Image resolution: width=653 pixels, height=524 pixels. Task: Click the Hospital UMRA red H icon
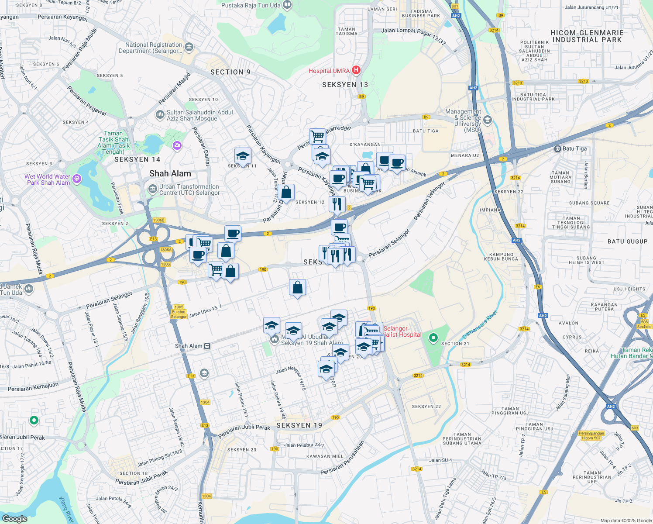click(x=356, y=70)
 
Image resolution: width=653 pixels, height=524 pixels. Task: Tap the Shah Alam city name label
click(x=170, y=173)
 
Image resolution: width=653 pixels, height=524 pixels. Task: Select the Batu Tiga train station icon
click(x=557, y=149)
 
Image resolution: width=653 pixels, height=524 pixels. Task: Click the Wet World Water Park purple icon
click(x=77, y=178)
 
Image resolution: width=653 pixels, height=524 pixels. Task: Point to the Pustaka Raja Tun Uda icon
click(x=287, y=5)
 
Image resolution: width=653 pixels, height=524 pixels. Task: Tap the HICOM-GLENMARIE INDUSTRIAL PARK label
click(x=587, y=36)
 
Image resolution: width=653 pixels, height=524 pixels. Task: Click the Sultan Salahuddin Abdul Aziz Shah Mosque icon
click(x=160, y=115)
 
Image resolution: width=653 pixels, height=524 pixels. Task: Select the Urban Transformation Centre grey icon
click(x=153, y=189)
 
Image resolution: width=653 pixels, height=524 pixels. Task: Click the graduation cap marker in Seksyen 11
click(x=243, y=156)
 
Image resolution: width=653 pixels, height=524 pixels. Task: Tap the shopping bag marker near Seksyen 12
click(x=286, y=192)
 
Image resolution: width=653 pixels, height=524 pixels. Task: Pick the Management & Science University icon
click(x=488, y=120)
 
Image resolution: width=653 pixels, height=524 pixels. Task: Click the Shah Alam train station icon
click(x=207, y=346)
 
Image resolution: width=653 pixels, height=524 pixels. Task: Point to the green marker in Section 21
click(x=433, y=338)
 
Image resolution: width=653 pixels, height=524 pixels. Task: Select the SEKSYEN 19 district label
click(x=299, y=425)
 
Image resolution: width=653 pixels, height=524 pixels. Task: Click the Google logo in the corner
click(x=14, y=519)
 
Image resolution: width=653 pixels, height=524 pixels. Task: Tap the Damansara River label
click(x=480, y=324)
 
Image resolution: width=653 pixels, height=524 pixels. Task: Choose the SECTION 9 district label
click(x=230, y=72)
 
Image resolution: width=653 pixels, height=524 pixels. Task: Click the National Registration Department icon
click(x=189, y=47)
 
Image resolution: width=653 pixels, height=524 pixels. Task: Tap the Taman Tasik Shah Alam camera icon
click(x=177, y=145)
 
